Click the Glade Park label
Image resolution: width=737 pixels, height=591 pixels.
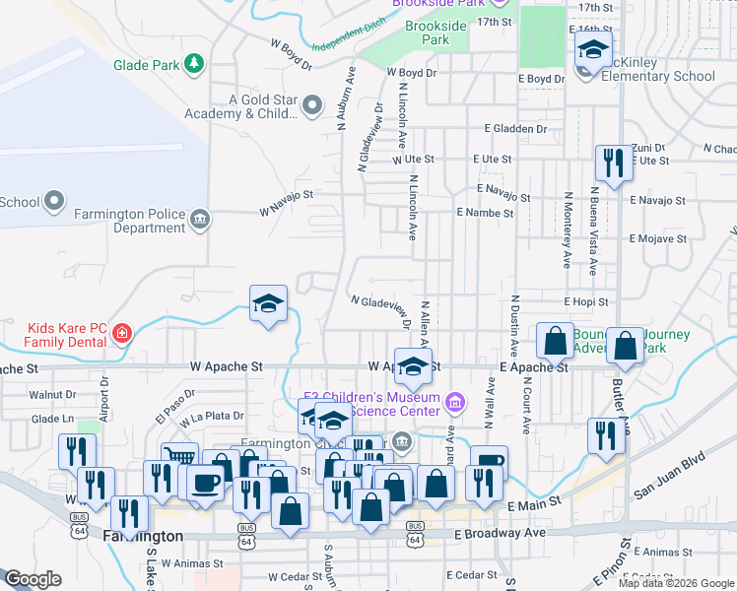[147, 65]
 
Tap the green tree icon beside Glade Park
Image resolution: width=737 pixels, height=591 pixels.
[195, 65]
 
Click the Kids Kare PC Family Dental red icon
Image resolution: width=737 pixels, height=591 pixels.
[121, 333]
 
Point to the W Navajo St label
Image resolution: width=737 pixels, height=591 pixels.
[286, 210]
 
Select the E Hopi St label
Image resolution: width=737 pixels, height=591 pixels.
[586, 301]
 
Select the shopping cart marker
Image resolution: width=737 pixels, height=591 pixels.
[179, 456]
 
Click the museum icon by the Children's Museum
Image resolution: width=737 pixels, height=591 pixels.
[454, 402]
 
